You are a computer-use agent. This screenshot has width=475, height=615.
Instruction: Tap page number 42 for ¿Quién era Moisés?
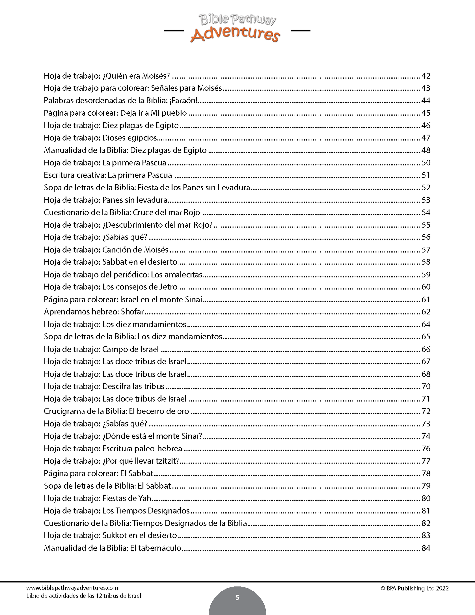[426, 76]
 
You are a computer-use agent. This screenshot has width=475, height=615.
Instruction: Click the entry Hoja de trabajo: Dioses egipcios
[101, 138]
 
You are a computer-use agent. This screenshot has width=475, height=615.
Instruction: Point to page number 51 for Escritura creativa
[426, 175]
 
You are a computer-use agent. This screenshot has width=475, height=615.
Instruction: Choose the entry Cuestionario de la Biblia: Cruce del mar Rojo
[122, 213]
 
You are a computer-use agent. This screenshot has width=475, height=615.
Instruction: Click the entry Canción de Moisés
[135, 250]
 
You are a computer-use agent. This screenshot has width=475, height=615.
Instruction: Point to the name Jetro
[168, 287]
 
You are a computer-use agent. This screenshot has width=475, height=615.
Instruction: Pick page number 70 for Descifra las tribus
[426, 386]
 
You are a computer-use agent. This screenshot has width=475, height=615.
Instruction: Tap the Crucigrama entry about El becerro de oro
[116, 411]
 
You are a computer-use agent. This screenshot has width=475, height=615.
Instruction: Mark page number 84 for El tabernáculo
[426, 548]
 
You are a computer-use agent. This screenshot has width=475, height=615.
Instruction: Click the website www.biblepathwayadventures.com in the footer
[72, 588]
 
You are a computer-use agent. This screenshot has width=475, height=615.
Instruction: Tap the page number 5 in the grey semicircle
[237, 598]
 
